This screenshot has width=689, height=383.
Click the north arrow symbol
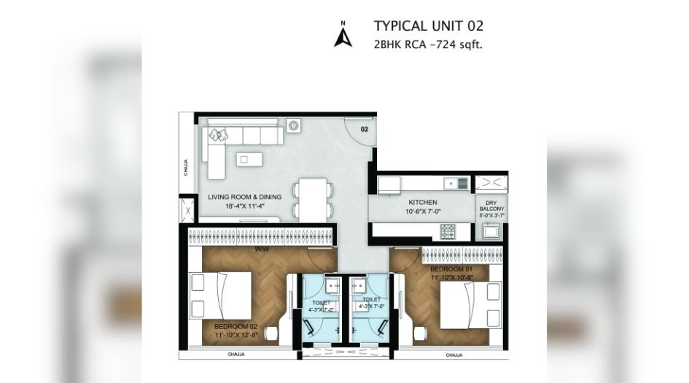343,34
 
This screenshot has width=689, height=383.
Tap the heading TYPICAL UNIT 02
429,26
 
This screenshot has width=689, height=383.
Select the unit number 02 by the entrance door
364,129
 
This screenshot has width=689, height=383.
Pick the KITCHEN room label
422,202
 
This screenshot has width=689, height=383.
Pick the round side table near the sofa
293,125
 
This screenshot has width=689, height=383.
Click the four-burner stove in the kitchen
447,231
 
